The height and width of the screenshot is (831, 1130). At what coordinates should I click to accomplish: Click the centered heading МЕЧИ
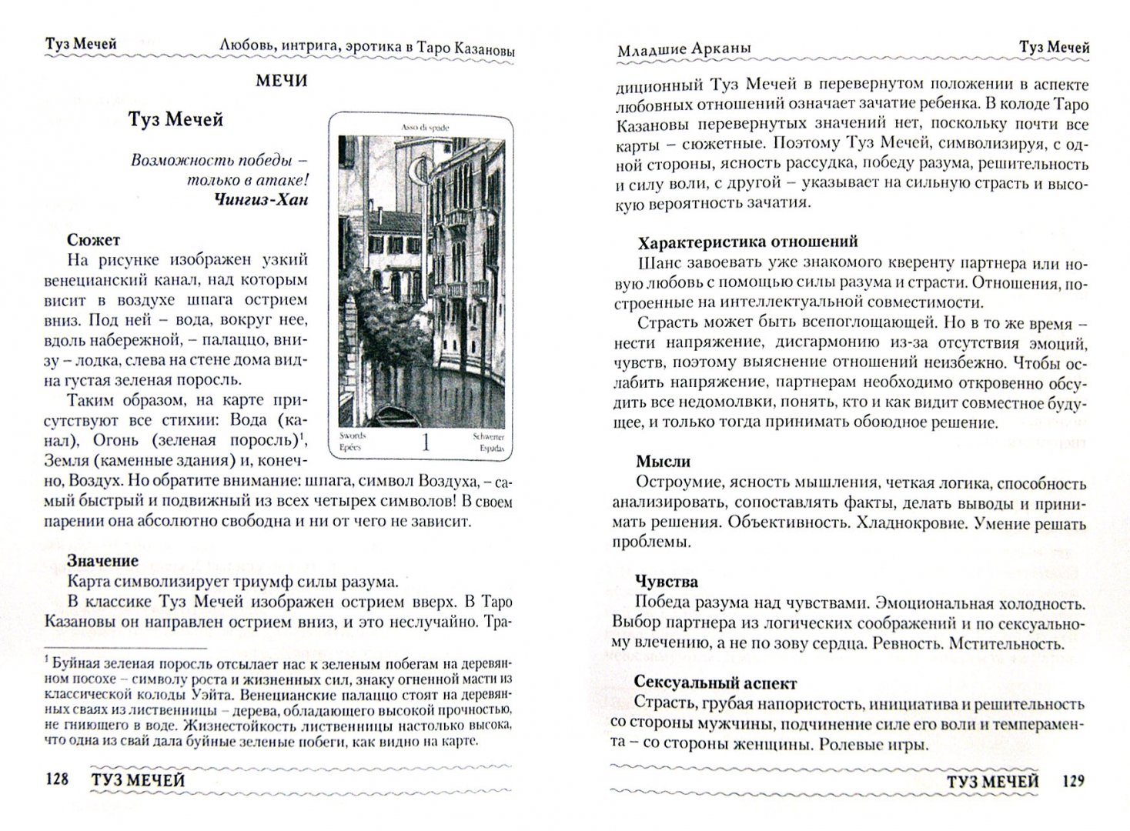282,81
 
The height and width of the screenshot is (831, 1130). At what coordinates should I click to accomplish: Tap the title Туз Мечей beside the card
176,120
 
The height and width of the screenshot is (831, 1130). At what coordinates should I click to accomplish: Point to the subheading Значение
102,561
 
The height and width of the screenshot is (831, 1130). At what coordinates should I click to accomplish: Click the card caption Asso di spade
425,126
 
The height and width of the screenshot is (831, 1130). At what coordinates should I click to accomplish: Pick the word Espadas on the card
490,447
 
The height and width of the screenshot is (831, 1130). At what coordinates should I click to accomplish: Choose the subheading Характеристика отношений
747,243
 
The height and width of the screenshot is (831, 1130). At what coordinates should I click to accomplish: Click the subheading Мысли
663,462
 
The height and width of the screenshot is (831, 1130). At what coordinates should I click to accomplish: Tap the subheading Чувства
667,582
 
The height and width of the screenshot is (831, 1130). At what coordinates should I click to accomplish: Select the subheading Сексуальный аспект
716,682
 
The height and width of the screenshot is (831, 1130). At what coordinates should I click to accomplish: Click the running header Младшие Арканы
684,49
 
